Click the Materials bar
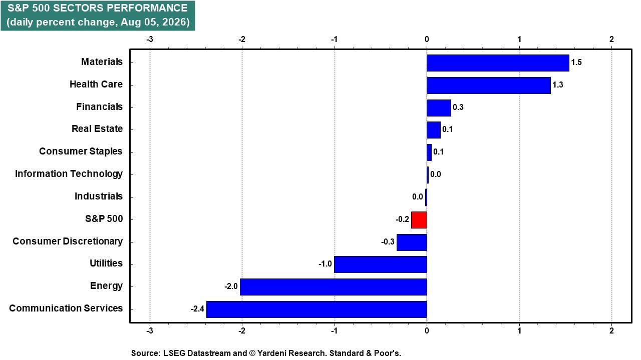click(498, 63)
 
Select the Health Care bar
click(489, 85)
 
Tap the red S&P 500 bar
click(419, 220)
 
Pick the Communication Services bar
click(316, 309)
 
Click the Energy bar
click(334, 287)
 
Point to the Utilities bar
click(380, 264)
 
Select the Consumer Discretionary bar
click(412, 242)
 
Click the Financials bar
click(439, 107)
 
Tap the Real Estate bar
click(434, 130)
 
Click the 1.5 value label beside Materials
click(576, 62)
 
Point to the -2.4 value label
click(197, 309)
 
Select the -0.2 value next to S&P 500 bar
click(402, 219)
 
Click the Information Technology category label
click(69, 174)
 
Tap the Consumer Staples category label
click(81, 151)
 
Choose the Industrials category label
click(99, 196)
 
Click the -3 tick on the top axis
click(149, 39)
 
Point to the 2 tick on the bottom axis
click(611, 331)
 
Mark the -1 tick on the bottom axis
click(334, 331)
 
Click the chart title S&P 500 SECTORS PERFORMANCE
click(98, 8)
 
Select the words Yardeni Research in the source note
click(292, 353)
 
